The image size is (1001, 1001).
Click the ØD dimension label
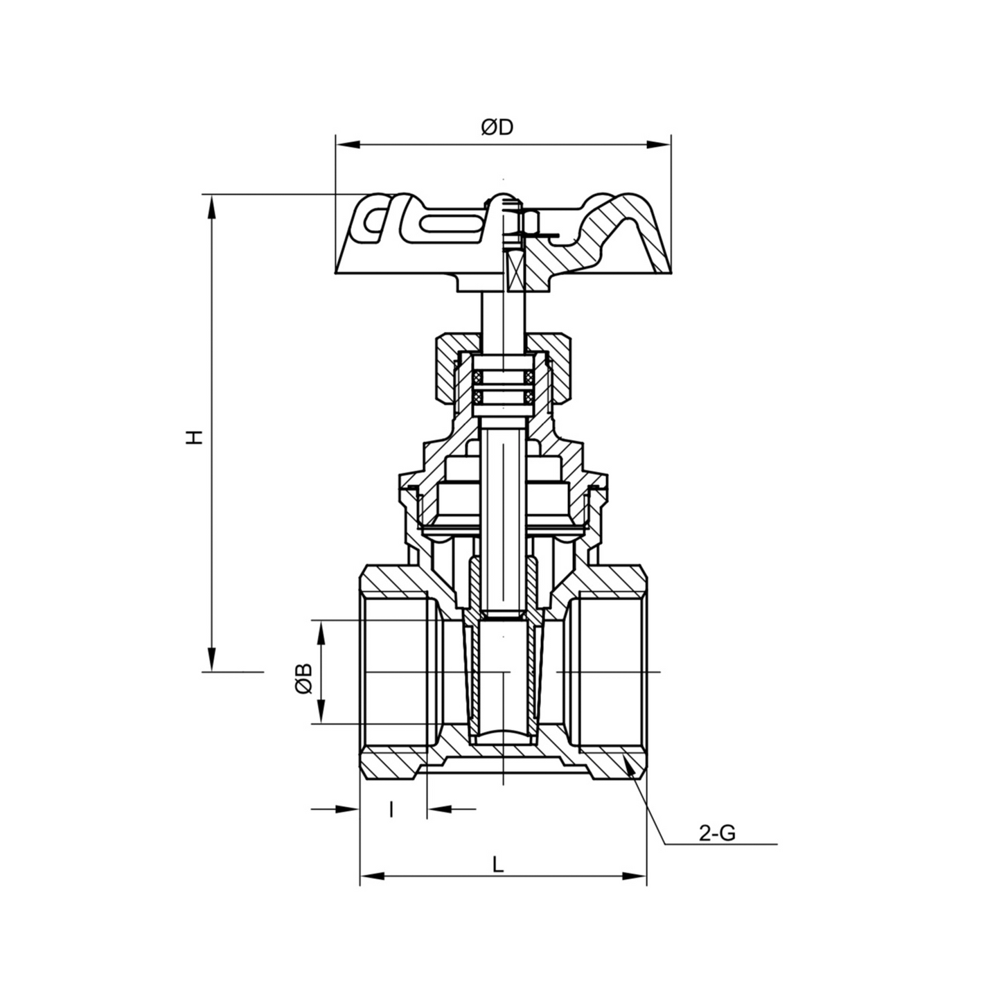point(497,127)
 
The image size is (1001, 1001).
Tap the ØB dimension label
point(303,679)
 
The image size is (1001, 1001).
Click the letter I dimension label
point(391,808)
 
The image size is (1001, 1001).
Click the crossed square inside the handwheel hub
point(517,270)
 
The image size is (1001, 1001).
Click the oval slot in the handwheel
point(451,224)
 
